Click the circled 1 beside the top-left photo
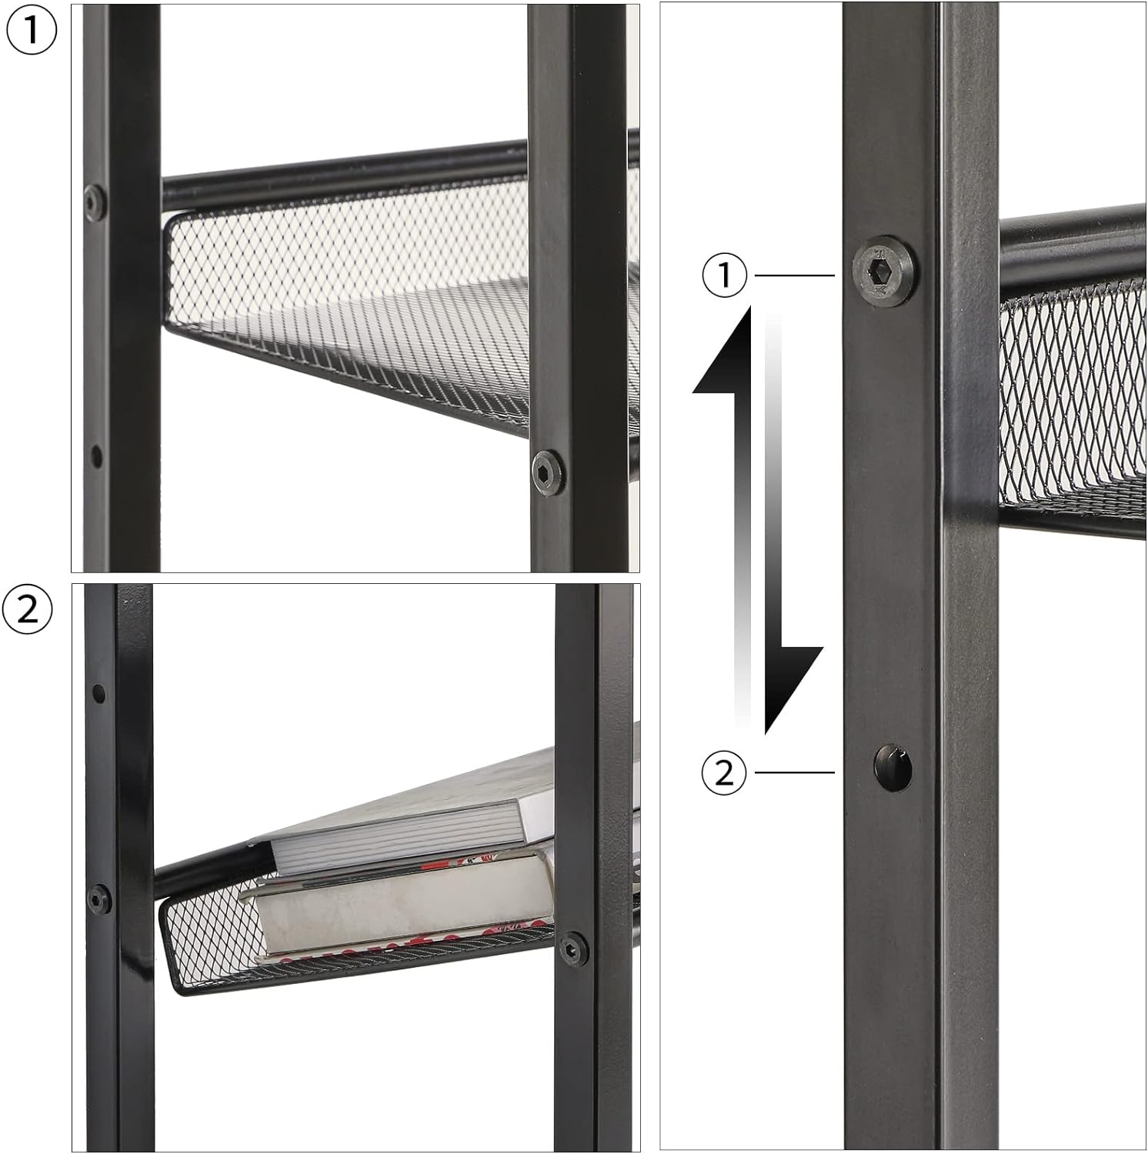tap(31, 31)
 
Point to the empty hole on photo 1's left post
tap(96, 455)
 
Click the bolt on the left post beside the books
tap(98, 898)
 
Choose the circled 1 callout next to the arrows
tap(724, 275)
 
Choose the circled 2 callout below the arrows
tap(724, 772)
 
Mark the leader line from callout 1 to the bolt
tap(794, 275)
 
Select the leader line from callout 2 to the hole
tap(794, 772)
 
